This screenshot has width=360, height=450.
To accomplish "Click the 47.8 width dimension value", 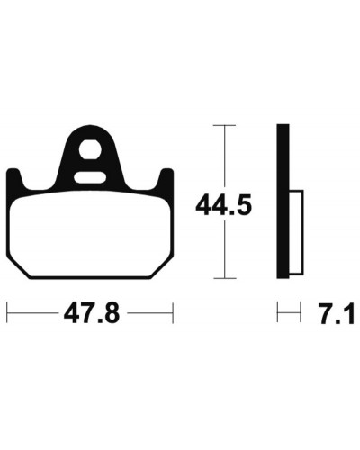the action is point(92,313).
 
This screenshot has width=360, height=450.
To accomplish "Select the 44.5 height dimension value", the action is point(223,205).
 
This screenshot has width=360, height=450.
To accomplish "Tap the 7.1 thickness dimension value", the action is point(337,314).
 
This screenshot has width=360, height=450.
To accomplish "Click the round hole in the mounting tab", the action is point(91,150).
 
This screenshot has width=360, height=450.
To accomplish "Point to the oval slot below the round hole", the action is point(90,177).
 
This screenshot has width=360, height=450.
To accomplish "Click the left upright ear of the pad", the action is point(14,179).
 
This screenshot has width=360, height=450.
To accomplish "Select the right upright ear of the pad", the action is point(166,179).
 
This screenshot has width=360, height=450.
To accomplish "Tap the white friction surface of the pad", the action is point(90,234).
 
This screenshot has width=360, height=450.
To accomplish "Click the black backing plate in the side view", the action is point(283,202).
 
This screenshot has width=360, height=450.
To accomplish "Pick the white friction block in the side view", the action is point(296,232).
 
